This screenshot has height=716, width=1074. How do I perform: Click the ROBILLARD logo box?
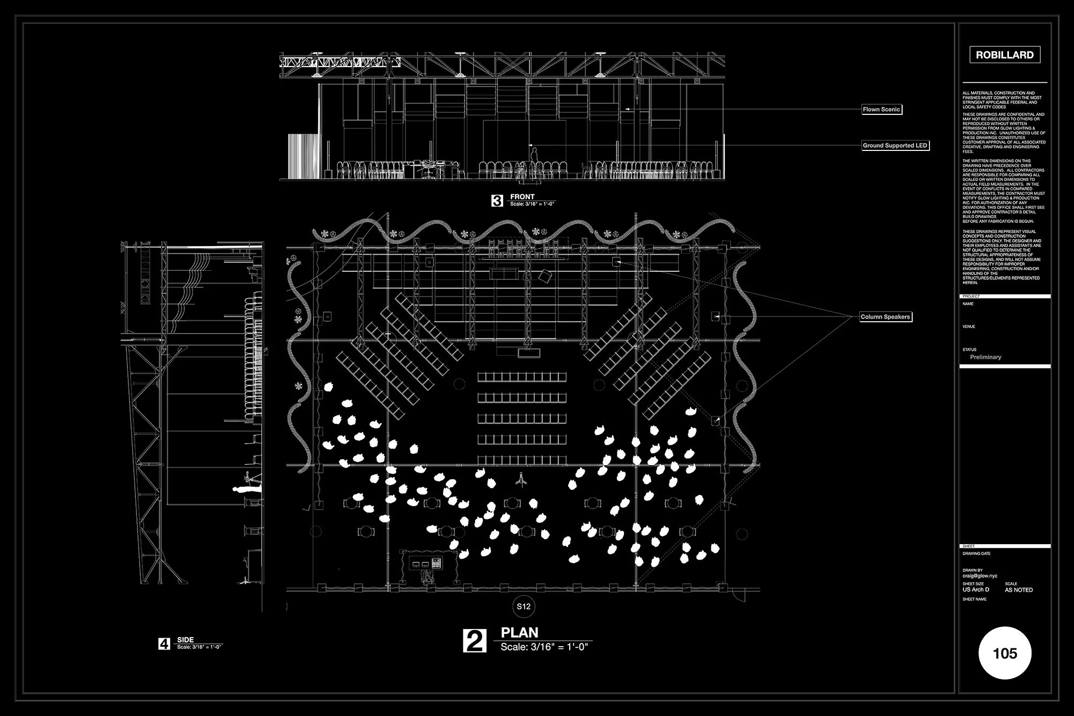click(1005, 55)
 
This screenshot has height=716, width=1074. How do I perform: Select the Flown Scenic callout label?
click(881, 110)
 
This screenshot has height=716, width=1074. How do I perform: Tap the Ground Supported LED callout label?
click(895, 146)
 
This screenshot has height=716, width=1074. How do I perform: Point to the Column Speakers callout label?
click(886, 317)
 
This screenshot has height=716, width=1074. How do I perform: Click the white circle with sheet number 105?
click(1005, 653)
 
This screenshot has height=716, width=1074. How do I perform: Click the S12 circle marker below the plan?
click(524, 606)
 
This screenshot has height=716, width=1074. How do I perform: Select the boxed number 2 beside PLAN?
click(475, 641)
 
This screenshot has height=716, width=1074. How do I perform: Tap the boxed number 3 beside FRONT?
click(497, 201)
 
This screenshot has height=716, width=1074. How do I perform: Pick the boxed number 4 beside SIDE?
click(164, 643)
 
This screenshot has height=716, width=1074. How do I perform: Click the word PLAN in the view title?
click(519, 633)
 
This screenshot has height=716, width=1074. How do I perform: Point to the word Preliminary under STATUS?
click(985, 357)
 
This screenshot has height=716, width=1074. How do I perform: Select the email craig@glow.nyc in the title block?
click(980, 576)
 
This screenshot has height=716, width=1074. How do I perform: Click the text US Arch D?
click(976, 590)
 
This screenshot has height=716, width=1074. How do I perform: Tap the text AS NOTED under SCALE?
click(1019, 590)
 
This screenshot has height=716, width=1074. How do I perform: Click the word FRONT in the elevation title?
click(523, 197)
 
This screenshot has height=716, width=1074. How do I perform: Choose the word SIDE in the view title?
click(185, 640)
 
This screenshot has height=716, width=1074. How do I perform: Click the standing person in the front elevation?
click(534, 161)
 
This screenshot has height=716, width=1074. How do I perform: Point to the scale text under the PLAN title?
click(544, 647)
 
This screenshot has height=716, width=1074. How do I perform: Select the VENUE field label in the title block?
click(969, 327)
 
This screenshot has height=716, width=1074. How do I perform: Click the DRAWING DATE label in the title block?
click(976, 554)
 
